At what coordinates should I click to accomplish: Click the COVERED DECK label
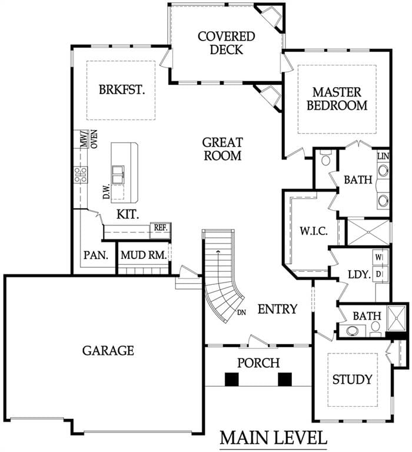click(227, 43)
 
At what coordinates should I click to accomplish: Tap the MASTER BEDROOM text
click(337, 99)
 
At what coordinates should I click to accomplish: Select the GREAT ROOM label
click(222, 149)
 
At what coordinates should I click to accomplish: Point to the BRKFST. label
click(122, 89)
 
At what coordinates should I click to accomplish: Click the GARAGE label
click(108, 351)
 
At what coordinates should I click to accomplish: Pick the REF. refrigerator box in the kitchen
click(161, 230)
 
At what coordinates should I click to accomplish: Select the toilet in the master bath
click(326, 158)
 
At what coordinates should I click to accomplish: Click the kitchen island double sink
click(118, 174)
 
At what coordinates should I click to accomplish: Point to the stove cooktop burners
click(81, 175)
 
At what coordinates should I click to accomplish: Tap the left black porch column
click(231, 380)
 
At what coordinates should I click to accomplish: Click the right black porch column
click(284, 380)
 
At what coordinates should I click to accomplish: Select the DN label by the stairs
click(241, 313)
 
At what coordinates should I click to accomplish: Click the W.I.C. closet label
click(314, 231)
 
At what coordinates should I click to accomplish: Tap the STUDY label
click(353, 380)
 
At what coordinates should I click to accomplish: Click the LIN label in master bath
click(383, 157)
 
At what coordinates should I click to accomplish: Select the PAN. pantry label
click(96, 255)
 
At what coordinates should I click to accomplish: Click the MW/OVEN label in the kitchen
click(89, 139)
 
